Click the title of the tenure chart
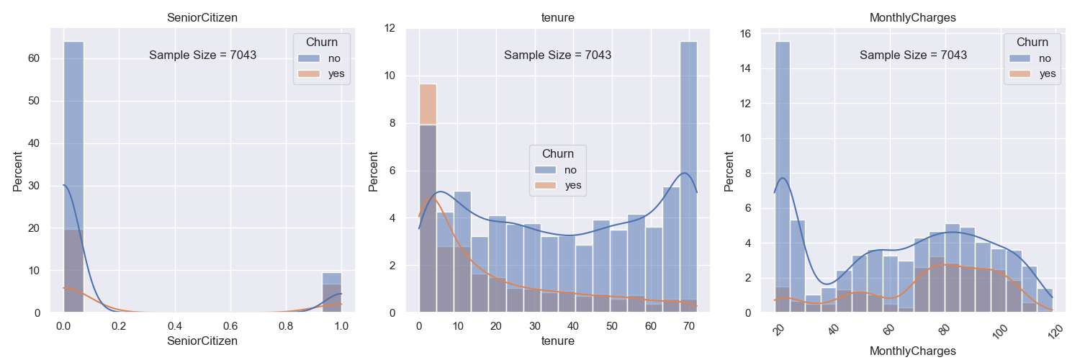click(x=557, y=18)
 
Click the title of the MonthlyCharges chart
click(x=912, y=18)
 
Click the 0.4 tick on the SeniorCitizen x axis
click(x=175, y=326)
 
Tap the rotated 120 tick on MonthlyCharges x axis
click(x=1053, y=330)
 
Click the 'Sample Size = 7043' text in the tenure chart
click(x=557, y=55)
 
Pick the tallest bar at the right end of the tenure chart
click(x=689, y=180)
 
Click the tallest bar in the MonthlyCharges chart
click(x=782, y=180)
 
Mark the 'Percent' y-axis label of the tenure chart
click(x=374, y=171)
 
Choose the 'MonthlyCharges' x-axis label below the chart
click(x=912, y=351)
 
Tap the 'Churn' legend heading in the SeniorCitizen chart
click(x=321, y=42)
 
